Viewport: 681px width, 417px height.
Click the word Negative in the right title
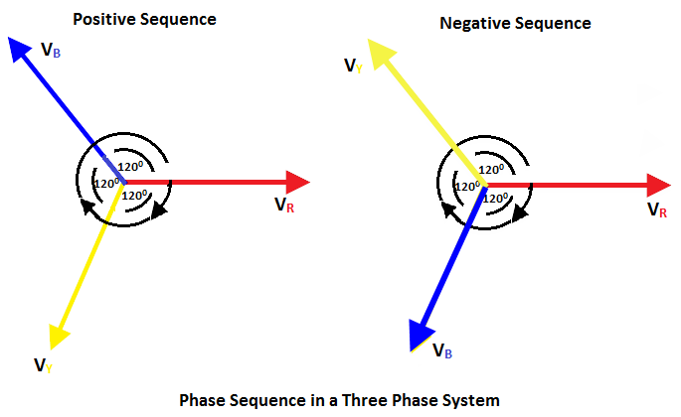[470, 23]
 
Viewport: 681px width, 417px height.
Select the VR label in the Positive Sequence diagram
[283, 205]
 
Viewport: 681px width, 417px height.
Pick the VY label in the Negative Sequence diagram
[353, 66]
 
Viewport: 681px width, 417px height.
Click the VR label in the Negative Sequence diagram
[657, 209]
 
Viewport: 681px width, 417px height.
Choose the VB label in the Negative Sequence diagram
[444, 350]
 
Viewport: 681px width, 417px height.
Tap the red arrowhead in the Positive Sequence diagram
[297, 182]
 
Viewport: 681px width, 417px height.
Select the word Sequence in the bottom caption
[263, 400]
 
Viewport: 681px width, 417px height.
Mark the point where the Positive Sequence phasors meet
[122, 182]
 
